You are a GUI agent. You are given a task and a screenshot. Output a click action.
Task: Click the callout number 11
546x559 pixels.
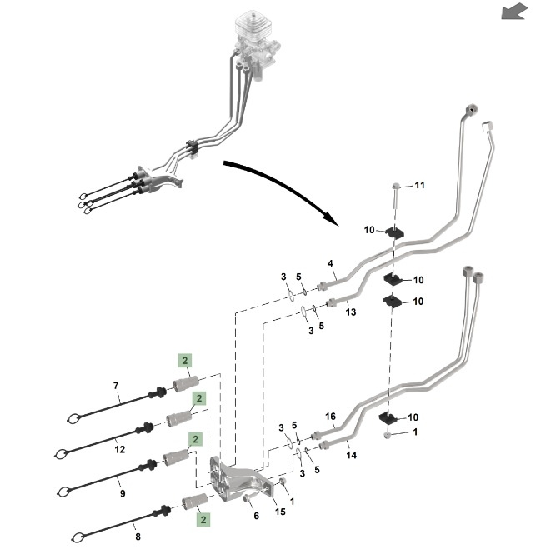coord(419,184)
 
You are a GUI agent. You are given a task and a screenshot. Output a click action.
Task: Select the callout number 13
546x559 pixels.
coord(350,312)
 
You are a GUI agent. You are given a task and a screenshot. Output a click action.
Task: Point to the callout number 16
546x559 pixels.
coord(330,417)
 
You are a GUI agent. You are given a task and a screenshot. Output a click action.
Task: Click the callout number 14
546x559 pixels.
coord(352,456)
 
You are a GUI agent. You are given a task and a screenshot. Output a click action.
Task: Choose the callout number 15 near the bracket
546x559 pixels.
coord(280,512)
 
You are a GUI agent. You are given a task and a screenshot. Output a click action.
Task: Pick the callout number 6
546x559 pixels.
coord(256,517)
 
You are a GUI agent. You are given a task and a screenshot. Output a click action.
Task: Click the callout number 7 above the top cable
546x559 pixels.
coord(117,385)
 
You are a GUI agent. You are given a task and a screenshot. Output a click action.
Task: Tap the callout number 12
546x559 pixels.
coord(120,449)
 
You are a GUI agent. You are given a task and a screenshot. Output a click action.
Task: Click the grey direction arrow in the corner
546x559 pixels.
coord(515,11)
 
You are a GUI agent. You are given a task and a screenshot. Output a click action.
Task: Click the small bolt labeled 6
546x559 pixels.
coord(248,499)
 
